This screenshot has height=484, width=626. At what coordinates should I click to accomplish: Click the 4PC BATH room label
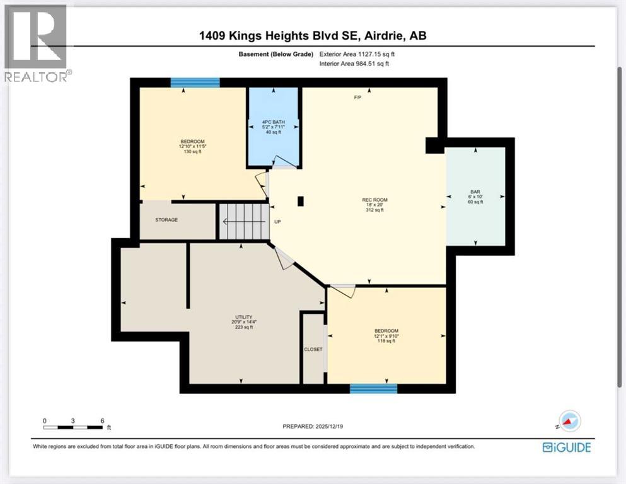(272, 126)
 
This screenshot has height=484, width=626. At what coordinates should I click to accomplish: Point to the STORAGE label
(166, 220)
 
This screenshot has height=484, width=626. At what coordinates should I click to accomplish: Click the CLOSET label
(313, 349)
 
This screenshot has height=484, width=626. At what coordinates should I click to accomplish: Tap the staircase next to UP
(243, 221)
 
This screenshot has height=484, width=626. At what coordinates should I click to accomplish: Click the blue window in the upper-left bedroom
(195, 82)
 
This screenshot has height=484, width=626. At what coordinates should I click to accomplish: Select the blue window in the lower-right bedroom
(373, 388)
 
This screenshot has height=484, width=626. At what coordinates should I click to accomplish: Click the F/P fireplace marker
(357, 98)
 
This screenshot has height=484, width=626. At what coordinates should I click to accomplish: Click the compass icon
(570, 420)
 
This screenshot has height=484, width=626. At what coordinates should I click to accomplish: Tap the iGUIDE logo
(566, 447)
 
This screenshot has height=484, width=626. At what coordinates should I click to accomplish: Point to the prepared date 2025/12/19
(313, 427)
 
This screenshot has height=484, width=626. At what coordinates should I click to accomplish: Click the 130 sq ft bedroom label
(192, 147)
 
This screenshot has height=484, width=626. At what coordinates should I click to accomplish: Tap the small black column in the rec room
(301, 202)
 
